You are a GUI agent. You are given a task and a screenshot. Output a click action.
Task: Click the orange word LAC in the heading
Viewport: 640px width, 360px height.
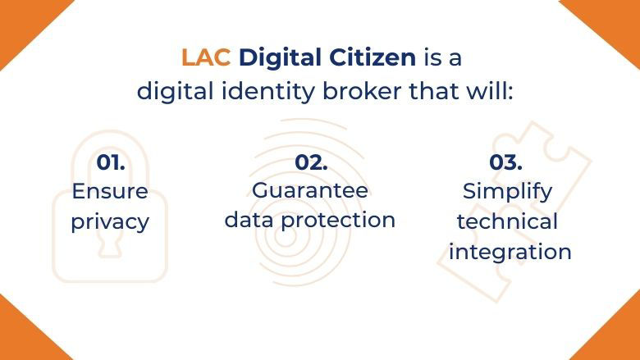(206, 59)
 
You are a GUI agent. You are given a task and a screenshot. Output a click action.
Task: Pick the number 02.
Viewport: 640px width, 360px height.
(311, 162)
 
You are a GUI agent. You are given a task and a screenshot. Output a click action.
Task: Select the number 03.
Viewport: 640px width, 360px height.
(507, 162)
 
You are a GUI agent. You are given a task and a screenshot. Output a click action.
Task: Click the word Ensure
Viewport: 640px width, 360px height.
(110, 192)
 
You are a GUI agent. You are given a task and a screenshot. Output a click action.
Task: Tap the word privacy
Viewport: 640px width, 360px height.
(110, 222)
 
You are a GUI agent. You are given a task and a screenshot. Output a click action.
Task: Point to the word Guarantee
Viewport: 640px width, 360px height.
(310, 190)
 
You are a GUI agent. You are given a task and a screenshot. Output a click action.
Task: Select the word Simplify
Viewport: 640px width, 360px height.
(507, 192)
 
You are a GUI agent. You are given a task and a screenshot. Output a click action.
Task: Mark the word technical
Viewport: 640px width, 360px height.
(507, 221)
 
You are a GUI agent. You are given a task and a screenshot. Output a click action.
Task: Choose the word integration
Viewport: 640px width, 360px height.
(510, 252)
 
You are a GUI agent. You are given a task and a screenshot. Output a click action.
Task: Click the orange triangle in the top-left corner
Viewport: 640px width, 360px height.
(21, 21)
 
